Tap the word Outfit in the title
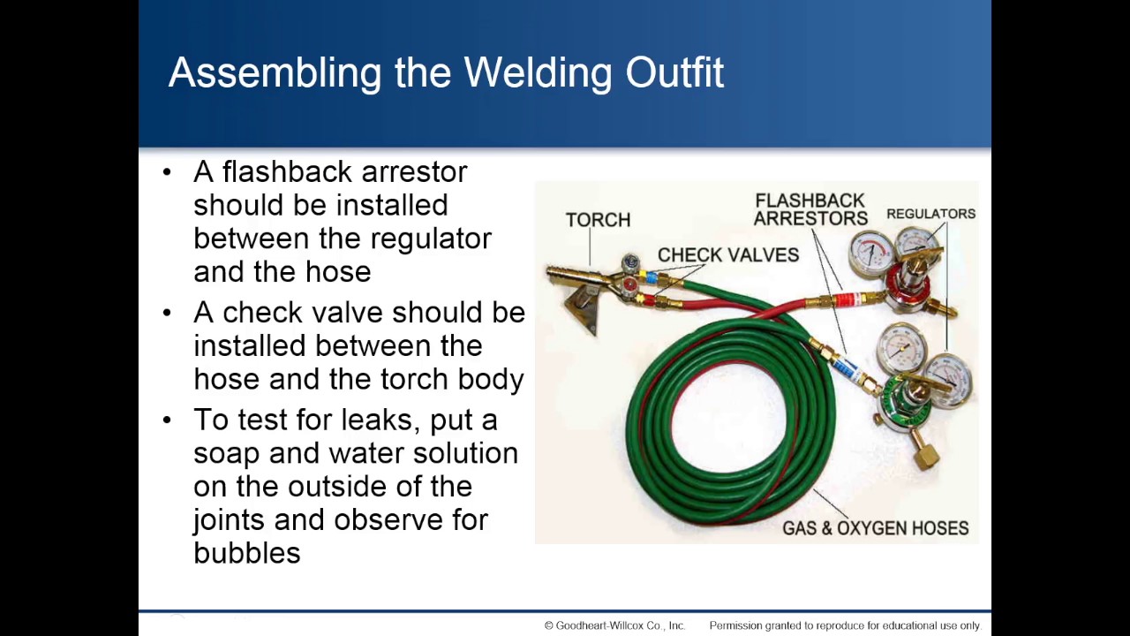pyautogui.click(x=674, y=73)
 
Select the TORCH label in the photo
pyautogui.click(x=598, y=220)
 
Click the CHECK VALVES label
pyautogui.click(x=727, y=255)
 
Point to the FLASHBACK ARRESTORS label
pyautogui.click(x=810, y=210)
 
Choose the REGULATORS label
pyautogui.click(x=930, y=214)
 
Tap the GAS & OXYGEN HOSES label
pyautogui.click(x=875, y=528)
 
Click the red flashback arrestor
pyautogui.click(x=847, y=300)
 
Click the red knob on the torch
pyautogui.click(x=629, y=284)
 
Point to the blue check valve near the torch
pyautogui.click(x=652, y=278)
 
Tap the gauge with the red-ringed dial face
pyautogui.click(x=870, y=253)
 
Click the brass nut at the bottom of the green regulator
pyautogui.click(x=926, y=457)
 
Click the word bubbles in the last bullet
pyautogui.click(x=247, y=553)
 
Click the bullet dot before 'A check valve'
pyautogui.click(x=168, y=313)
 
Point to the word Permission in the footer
pyautogui.click(x=738, y=625)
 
